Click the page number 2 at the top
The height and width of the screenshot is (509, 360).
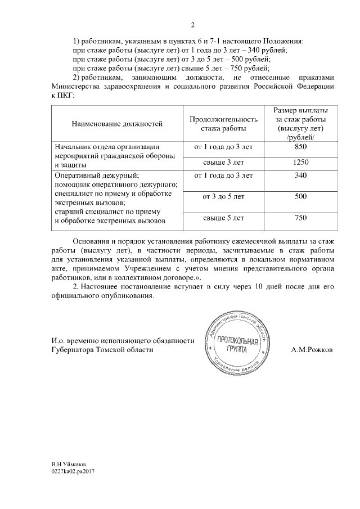pyautogui.click(x=192, y=25)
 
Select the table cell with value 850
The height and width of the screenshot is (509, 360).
pyautogui.click(x=300, y=147)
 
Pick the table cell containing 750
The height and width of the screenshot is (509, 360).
pyautogui.click(x=300, y=218)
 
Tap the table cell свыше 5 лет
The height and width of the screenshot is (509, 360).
pyautogui.click(x=223, y=218)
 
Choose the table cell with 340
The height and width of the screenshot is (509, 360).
pyautogui.click(x=300, y=176)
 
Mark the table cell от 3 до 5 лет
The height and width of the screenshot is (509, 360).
pyautogui.click(x=223, y=197)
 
